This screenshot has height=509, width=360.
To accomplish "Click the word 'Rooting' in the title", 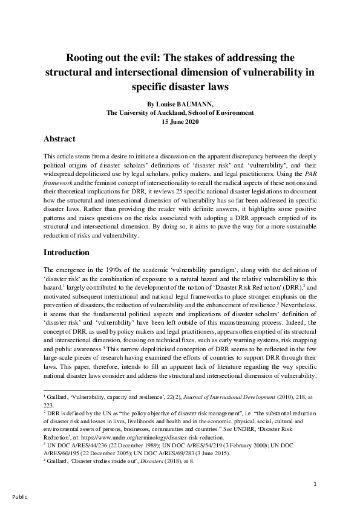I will tap(89, 58).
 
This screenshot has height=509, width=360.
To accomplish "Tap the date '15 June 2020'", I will tap(180, 122).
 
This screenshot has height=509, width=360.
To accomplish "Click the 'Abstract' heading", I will tap(64, 138).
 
